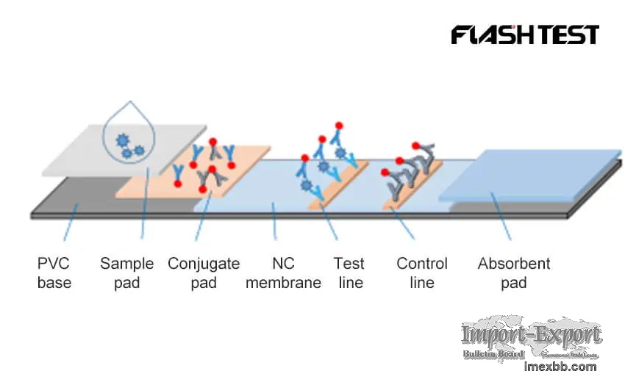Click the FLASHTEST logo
[x=525, y=35]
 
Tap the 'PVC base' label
[x=54, y=273]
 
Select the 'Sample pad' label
[x=126, y=273]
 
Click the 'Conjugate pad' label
[x=203, y=273]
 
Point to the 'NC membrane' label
[x=283, y=273]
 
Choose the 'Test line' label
[x=349, y=273]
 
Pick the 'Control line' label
[x=422, y=273]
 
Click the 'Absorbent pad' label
[x=513, y=273]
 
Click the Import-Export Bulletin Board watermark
[x=532, y=339]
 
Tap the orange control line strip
[x=412, y=187]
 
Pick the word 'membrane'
[x=283, y=283]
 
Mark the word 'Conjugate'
[x=203, y=263]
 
